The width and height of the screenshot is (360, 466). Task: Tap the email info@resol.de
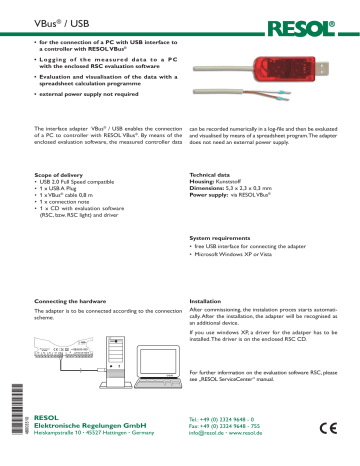209,436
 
